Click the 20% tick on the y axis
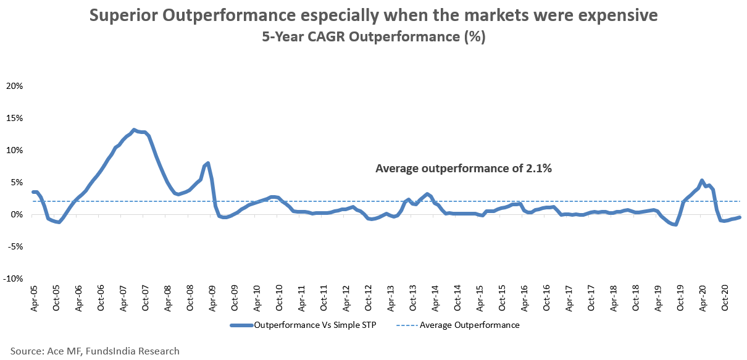[14, 86]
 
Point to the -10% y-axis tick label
[13, 278]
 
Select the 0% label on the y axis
[17, 214]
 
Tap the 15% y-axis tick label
[14, 118]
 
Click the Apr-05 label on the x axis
[34, 299]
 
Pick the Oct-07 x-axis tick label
[145, 299]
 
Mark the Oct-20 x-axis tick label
[725, 299]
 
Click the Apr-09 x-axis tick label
[212, 299]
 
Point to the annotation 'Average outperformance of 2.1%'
[463, 167]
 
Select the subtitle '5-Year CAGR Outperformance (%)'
[373, 37]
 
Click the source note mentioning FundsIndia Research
[95, 351]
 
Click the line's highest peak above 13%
[134, 130]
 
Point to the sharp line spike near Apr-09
[208, 163]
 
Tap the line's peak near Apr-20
[702, 181]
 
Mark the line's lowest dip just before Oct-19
[676, 224]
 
